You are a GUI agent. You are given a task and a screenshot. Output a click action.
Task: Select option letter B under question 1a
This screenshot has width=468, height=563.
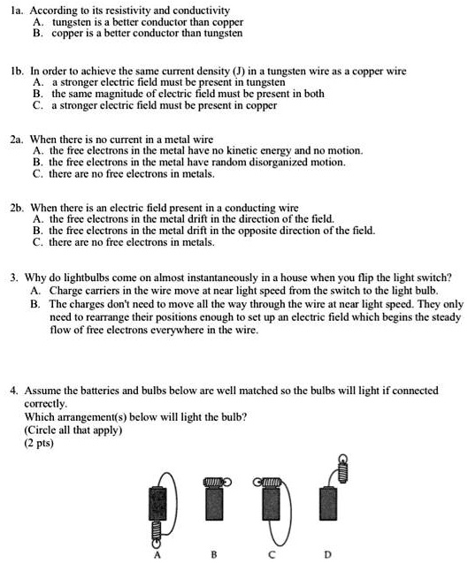coord(35,35)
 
